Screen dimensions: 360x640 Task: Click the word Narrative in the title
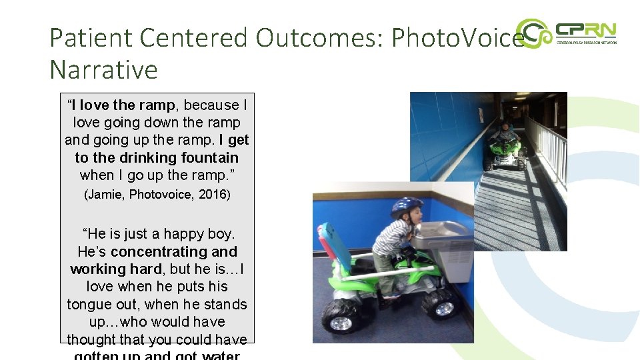pyautogui.click(x=103, y=69)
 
